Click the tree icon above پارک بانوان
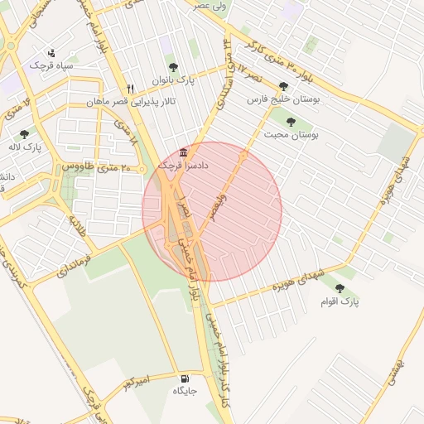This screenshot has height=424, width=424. click(x=173, y=68)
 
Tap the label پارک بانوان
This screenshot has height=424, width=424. click(x=173, y=81)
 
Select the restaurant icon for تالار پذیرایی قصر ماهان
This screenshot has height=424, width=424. click(x=130, y=89)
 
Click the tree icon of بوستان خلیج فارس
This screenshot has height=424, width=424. click(x=284, y=86)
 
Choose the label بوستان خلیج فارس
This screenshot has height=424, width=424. click(x=284, y=99)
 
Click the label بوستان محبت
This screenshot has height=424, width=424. click(x=291, y=134)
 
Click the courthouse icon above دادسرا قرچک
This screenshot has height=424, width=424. click(x=183, y=153)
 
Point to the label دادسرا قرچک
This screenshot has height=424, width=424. click(x=183, y=166)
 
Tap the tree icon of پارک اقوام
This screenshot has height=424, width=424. click(x=340, y=289)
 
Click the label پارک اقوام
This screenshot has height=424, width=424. click(x=340, y=302)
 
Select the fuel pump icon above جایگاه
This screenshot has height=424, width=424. click(x=184, y=378)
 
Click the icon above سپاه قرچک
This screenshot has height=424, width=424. click(x=51, y=52)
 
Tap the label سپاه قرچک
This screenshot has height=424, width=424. click(x=51, y=65)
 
